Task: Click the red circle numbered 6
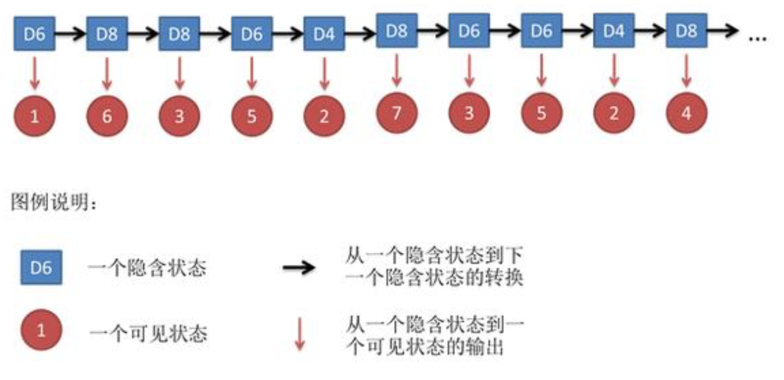(x=107, y=116)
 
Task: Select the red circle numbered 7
(x=397, y=113)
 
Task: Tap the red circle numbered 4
(x=686, y=113)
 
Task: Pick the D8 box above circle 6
(x=107, y=34)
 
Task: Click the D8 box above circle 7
(x=397, y=31)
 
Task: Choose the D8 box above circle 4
(x=686, y=31)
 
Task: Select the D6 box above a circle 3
(x=469, y=31)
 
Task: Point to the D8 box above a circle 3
(x=179, y=34)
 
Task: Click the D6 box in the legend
(x=41, y=267)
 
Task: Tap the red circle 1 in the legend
(x=41, y=330)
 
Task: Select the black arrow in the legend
(x=299, y=267)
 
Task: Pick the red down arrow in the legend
(x=300, y=334)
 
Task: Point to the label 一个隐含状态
(x=147, y=267)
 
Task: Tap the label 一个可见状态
(x=148, y=334)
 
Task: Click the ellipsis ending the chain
(x=757, y=39)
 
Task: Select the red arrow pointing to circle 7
(x=397, y=70)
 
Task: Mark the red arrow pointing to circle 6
(x=107, y=74)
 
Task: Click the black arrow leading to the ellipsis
(x=723, y=31)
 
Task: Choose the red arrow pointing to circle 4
(x=686, y=70)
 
